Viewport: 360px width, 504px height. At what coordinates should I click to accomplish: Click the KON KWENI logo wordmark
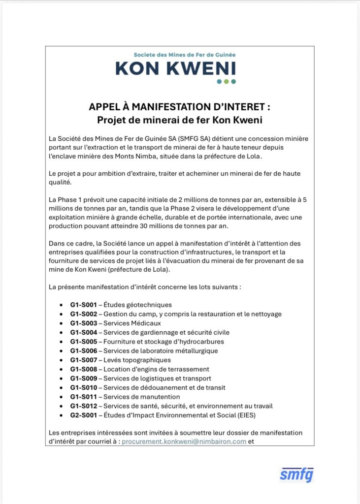(175, 68)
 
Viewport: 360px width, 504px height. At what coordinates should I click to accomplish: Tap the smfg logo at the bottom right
(296, 475)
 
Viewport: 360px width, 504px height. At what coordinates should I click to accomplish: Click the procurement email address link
(184, 441)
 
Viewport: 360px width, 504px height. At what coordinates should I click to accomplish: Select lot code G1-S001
(83, 305)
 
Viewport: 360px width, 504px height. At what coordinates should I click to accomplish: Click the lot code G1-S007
(83, 360)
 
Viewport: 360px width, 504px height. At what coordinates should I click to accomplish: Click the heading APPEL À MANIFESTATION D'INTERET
(180, 107)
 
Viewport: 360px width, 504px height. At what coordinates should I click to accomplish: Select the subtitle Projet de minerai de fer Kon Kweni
(180, 120)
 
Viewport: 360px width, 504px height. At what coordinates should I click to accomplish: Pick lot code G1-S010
(83, 387)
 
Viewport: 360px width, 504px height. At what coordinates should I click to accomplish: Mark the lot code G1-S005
(83, 342)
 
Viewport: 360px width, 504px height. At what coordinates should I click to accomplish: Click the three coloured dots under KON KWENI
(226, 81)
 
